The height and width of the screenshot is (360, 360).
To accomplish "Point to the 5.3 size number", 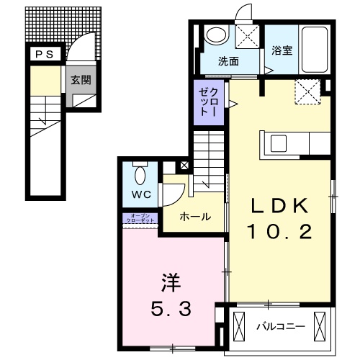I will pos(171,310).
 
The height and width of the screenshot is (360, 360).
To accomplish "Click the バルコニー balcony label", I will pos(281,328).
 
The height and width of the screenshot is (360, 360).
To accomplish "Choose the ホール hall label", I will pos(194,216).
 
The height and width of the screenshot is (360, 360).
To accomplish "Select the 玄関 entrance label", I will pos(81,81).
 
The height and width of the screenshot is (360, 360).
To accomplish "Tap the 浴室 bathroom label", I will pos(282,51).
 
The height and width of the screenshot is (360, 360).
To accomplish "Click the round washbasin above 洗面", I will pos(215,35).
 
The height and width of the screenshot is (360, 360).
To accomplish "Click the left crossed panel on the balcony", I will pos(240,327).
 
